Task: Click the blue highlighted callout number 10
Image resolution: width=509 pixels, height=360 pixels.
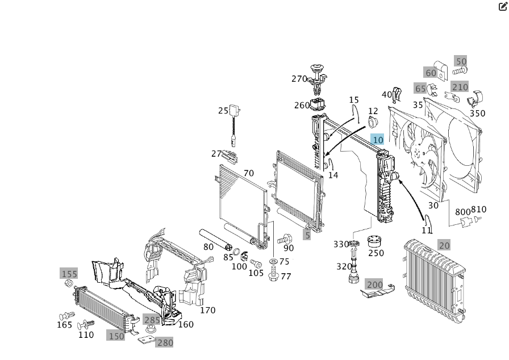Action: [x=378, y=140]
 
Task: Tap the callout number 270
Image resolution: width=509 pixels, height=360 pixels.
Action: [x=299, y=79]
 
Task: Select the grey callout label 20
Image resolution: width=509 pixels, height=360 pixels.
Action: [x=444, y=245]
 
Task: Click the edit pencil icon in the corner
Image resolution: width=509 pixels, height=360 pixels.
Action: [x=503, y=6]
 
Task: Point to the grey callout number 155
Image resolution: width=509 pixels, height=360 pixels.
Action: [x=69, y=274]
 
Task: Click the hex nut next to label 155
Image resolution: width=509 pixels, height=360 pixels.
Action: [x=68, y=283]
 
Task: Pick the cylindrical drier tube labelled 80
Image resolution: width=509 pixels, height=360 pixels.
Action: [x=215, y=240]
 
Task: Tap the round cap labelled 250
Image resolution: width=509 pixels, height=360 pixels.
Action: [x=374, y=241]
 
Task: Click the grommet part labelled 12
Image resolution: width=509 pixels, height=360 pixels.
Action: [x=372, y=123]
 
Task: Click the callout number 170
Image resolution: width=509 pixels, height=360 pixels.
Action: [x=208, y=311]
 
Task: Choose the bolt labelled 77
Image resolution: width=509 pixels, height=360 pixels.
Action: [x=274, y=273]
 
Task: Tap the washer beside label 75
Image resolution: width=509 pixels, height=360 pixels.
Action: [x=273, y=261]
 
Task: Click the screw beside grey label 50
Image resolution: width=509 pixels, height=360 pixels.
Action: [x=460, y=70]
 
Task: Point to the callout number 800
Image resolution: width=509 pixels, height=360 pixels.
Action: [x=462, y=212]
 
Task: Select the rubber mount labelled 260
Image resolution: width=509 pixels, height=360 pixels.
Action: [x=318, y=104]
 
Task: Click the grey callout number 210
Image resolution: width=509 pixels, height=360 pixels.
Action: [x=460, y=87]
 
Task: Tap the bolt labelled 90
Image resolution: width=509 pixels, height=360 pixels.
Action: [x=285, y=240]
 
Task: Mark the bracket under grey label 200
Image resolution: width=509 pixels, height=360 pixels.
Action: [x=378, y=292]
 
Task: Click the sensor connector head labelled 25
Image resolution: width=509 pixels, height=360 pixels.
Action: [x=235, y=110]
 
